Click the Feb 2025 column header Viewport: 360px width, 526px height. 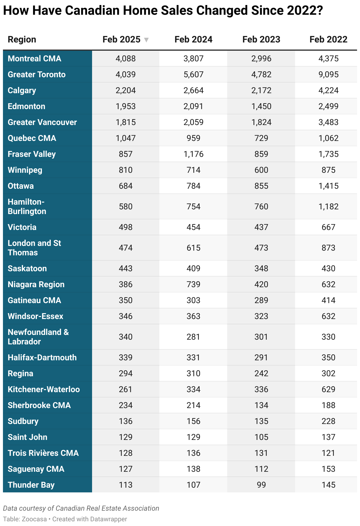pos(121,40)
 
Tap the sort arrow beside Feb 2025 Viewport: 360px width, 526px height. pos(146,40)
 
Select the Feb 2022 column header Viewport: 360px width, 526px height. pos(328,40)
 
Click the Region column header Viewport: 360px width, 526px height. pos(22,40)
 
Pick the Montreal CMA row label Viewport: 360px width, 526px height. pos(34,59)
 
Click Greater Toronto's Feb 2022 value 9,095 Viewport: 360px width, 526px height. pos(328,75)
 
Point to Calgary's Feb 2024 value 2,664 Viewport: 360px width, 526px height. pos(193,91)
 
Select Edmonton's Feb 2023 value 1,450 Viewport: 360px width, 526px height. pos(261,106)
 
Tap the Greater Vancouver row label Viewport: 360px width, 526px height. pos(42,122)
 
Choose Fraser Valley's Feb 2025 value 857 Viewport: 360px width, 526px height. pos(125,154)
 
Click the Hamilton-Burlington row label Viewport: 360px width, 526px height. pos(27,207)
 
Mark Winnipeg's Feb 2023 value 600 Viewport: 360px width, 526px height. pos(261,170)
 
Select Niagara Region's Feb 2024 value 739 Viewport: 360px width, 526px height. pos(193,285)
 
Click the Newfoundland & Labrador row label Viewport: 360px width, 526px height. pos(38,337)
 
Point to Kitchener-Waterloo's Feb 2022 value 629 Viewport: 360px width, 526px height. pos(328,389)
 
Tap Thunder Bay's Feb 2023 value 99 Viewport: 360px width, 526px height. pos(261,485)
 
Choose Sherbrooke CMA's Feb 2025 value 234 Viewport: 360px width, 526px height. pos(125,405)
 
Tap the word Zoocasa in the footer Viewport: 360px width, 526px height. pos(34,519)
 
